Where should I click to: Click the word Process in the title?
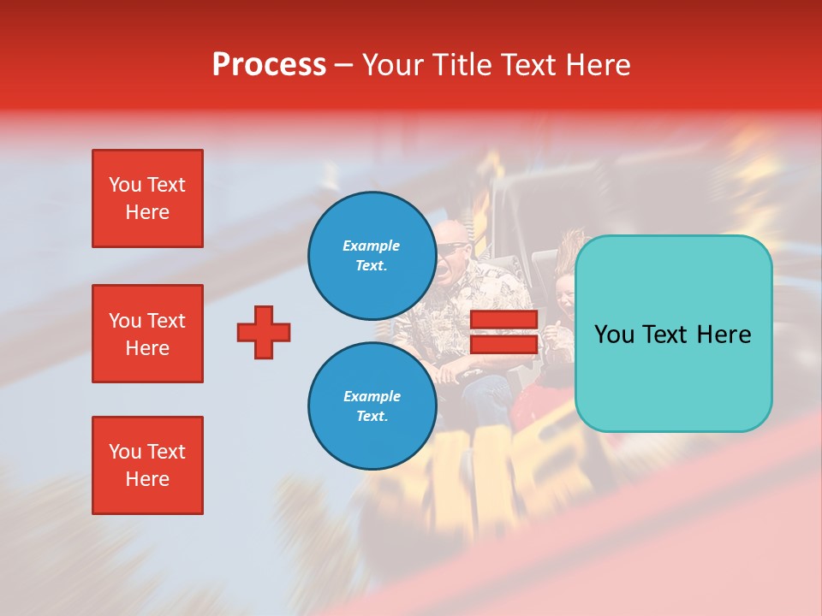[269, 65]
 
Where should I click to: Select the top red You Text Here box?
[147, 198]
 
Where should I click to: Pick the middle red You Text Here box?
[147, 334]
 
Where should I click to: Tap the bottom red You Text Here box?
[147, 465]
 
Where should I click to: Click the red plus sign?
[264, 332]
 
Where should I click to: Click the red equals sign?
[503, 332]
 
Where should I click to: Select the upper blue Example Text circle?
[372, 256]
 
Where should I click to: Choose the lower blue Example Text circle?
[372, 406]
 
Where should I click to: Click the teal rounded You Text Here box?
[673, 334]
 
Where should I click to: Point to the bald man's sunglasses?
[452, 249]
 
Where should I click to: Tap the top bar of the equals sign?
[503, 320]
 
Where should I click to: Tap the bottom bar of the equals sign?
[503, 344]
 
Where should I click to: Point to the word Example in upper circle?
[372, 246]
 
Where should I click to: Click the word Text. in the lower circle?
[372, 417]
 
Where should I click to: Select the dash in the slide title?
[344, 66]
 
